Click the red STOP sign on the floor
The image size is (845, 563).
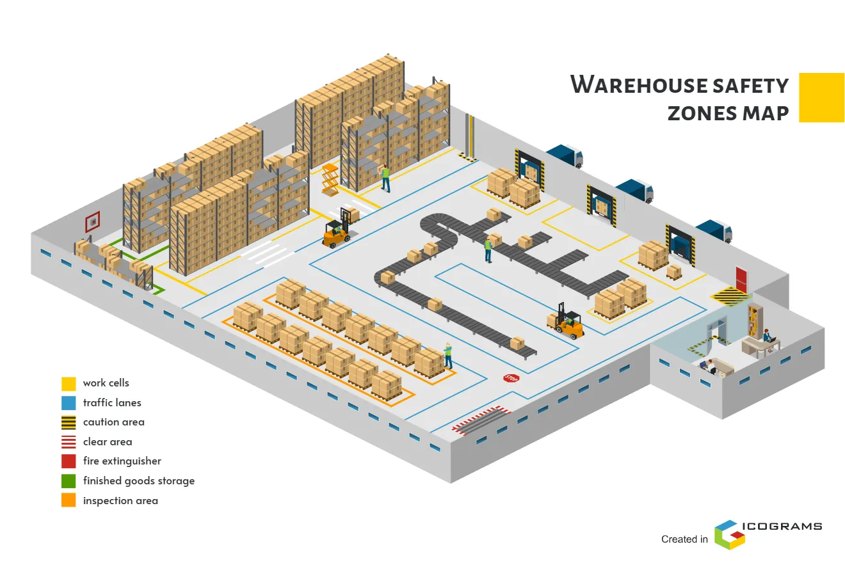click(x=511, y=378)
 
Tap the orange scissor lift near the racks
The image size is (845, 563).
click(x=330, y=180)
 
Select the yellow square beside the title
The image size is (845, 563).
click(x=821, y=97)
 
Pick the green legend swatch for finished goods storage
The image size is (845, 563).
click(x=68, y=480)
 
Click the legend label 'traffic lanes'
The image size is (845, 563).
click(x=112, y=402)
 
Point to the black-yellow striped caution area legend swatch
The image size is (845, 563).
click(x=68, y=422)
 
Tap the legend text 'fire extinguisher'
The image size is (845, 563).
click(x=122, y=461)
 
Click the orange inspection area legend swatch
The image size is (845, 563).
click(x=68, y=500)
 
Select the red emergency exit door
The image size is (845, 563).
click(x=741, y=278)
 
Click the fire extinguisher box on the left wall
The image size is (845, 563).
click(x=93, y=222)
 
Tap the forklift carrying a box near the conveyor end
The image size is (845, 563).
click(x=567, y=322)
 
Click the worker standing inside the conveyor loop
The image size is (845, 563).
click(x=488, y=249)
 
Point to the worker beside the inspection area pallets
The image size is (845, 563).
click(x=448, y=356)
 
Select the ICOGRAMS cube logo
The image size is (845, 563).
click(x=730, y=534)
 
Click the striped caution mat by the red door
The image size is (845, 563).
click(x=731, y=297)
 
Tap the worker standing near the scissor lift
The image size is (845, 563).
click(x=385, y=178)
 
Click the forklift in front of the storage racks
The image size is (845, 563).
click(x=337, y=232)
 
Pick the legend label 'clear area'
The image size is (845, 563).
click(x=108, y=441)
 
